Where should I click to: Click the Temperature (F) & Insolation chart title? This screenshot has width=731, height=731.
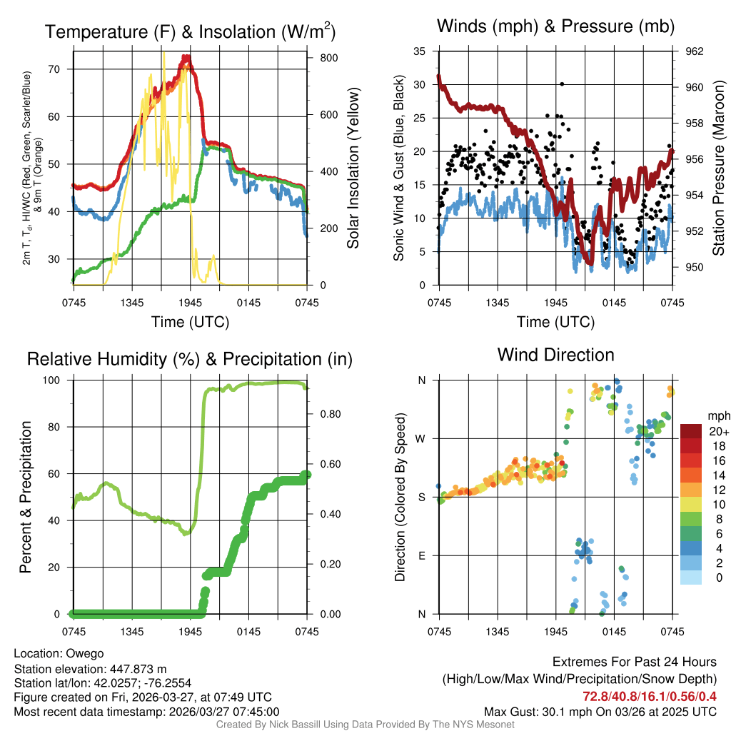190,31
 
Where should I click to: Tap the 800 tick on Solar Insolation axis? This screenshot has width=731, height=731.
319,57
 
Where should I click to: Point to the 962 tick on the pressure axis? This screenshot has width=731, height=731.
695,51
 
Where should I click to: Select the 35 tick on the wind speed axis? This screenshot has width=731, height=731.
420,51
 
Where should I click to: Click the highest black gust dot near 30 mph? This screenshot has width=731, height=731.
563,84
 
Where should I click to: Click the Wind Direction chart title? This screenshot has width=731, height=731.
555,355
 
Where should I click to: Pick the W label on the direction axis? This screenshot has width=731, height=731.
420,438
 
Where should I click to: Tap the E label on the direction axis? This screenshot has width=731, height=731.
421,555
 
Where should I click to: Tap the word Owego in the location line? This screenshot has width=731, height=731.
85,653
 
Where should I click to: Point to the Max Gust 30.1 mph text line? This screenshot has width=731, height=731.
600,712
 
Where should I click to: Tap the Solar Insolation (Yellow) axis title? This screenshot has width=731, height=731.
353,168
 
